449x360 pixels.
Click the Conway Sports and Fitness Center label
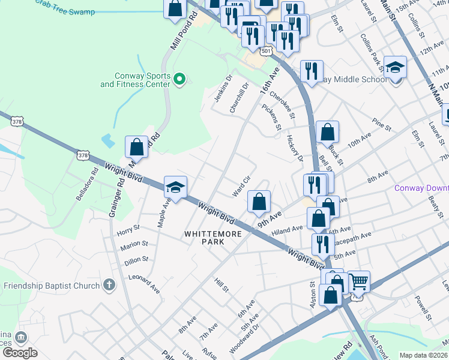tap(135, 80)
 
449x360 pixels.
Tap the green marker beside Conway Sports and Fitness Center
tap(179, 79)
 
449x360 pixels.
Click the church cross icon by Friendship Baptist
tap(108, 284)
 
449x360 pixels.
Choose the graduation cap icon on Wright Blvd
tap(175, 187)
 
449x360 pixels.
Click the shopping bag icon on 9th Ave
tap(259, 202)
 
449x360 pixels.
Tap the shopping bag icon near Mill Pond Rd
tap(137, 147)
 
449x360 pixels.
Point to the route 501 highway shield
tap(267, 52)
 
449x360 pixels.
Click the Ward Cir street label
tap(241, 187)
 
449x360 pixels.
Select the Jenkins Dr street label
tap(222, 88)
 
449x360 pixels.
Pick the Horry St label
tap(128, 228)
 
